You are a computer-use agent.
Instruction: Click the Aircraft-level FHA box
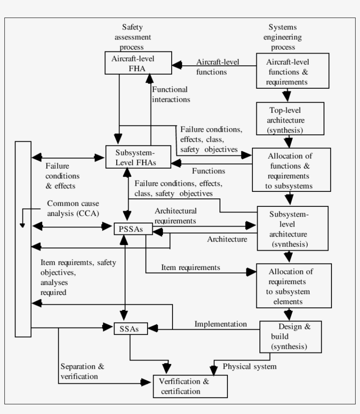pyautogui.click(x=138, y=63)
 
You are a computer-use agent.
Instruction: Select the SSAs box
pyautogui.click(x=130, y=328)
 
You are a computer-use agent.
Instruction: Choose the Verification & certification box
pyautogui.click(x=190, y=386)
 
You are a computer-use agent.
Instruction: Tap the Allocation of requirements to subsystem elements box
pyautogui.click(x=288, y=285)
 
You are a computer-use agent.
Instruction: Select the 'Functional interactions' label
pyautogui.click(x=171, y=94)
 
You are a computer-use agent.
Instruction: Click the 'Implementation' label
pyautogui.click(x=220, y=324)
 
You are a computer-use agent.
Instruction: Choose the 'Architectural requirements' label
pyautogui.click(x=176, y=215)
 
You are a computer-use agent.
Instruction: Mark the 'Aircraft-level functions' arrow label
pyautogui.click(x=218, y=66)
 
